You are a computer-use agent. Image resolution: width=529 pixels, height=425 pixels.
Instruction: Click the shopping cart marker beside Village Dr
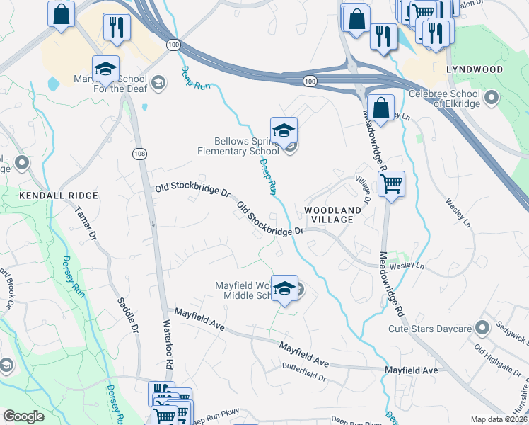click(x=391, y=184)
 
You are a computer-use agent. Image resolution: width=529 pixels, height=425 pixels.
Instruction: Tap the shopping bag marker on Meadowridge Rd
click(x=380, y=108)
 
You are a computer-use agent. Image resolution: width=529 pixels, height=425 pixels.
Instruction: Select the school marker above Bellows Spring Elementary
click(x=284, y=131)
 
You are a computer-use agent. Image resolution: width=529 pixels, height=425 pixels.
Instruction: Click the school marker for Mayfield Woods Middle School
click(x=284, y=288)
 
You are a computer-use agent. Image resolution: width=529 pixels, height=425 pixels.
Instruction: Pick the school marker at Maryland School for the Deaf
click(x=105, y=69)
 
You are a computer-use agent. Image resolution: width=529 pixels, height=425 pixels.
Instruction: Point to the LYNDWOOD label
click(x=474, y=69)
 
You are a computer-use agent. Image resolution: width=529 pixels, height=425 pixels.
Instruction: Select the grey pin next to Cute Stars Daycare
click(x=482, y=327)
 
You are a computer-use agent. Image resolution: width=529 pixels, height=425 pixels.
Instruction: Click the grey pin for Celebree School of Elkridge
click(x=493, y=94)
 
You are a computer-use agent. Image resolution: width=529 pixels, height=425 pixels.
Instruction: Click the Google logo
click(x=23, y=416)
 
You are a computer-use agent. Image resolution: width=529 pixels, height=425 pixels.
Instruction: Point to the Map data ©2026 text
click(x=499, y=419)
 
